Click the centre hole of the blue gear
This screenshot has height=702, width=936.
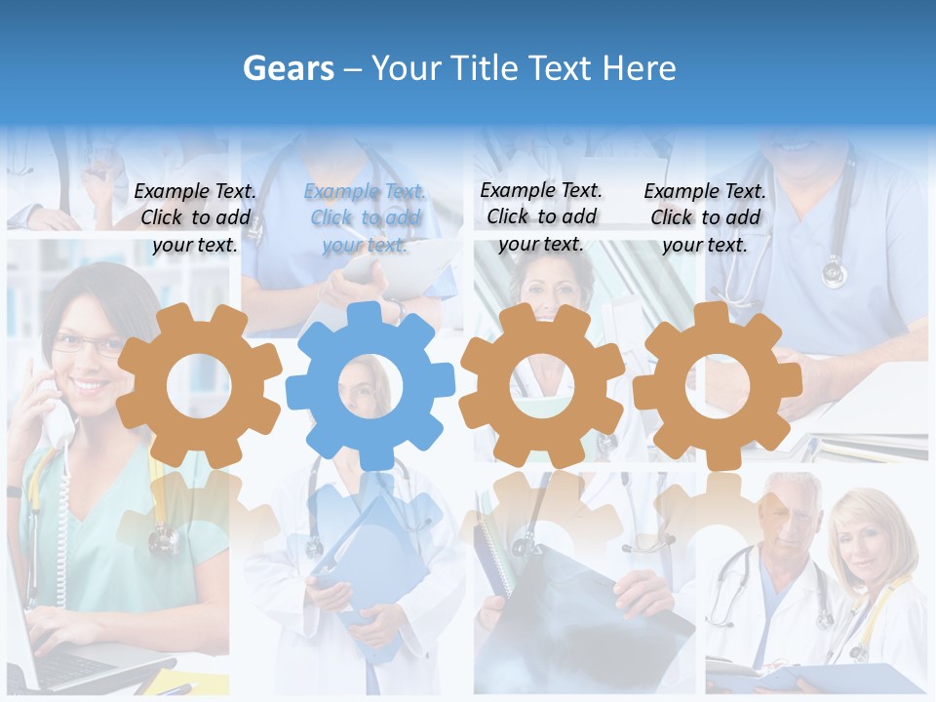coord(370,386)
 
